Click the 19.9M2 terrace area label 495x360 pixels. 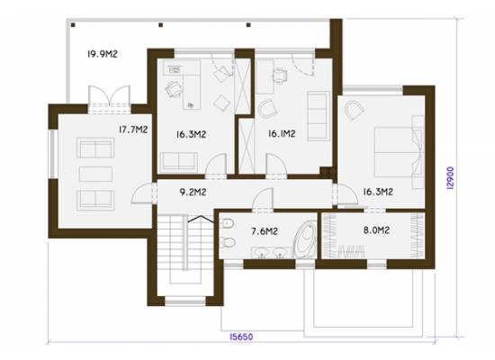pyautogui.click(x=103, y=54)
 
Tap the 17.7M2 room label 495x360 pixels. pyautogui.click(x=133, y=130)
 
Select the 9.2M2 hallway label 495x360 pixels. pyautogui.click(x=193, y=192)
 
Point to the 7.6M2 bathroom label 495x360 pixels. pyautogui.click(x=265, y=231)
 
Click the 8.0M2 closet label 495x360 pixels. pyautogui.click(x=376, y=230)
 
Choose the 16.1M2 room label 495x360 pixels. pyautogui.click(x=282, y=133)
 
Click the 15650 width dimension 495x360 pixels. pyautogui.click(x=241, y=337)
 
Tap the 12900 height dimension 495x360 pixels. pyautogui.click(x=451, y=178)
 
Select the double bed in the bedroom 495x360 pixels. pyautogui.click(x=399, y=152)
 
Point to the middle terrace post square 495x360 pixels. pyautogui.click(x=161, y=25)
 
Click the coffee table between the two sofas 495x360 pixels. pyautogui.click(x=95, y=174)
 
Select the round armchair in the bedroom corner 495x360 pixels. pyautogui.click(x=355, y=110)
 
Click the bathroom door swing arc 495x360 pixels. pyautogui.click(x=262, y=198)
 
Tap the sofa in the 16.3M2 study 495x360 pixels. pyautogui.click(x=179, y=162)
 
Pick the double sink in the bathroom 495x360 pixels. pyautogui.click(x=271, y=253)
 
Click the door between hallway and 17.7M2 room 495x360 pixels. pyautogui.click(x=143, y=193)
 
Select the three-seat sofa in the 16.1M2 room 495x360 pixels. pyautogui.click(x=319, y=116)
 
